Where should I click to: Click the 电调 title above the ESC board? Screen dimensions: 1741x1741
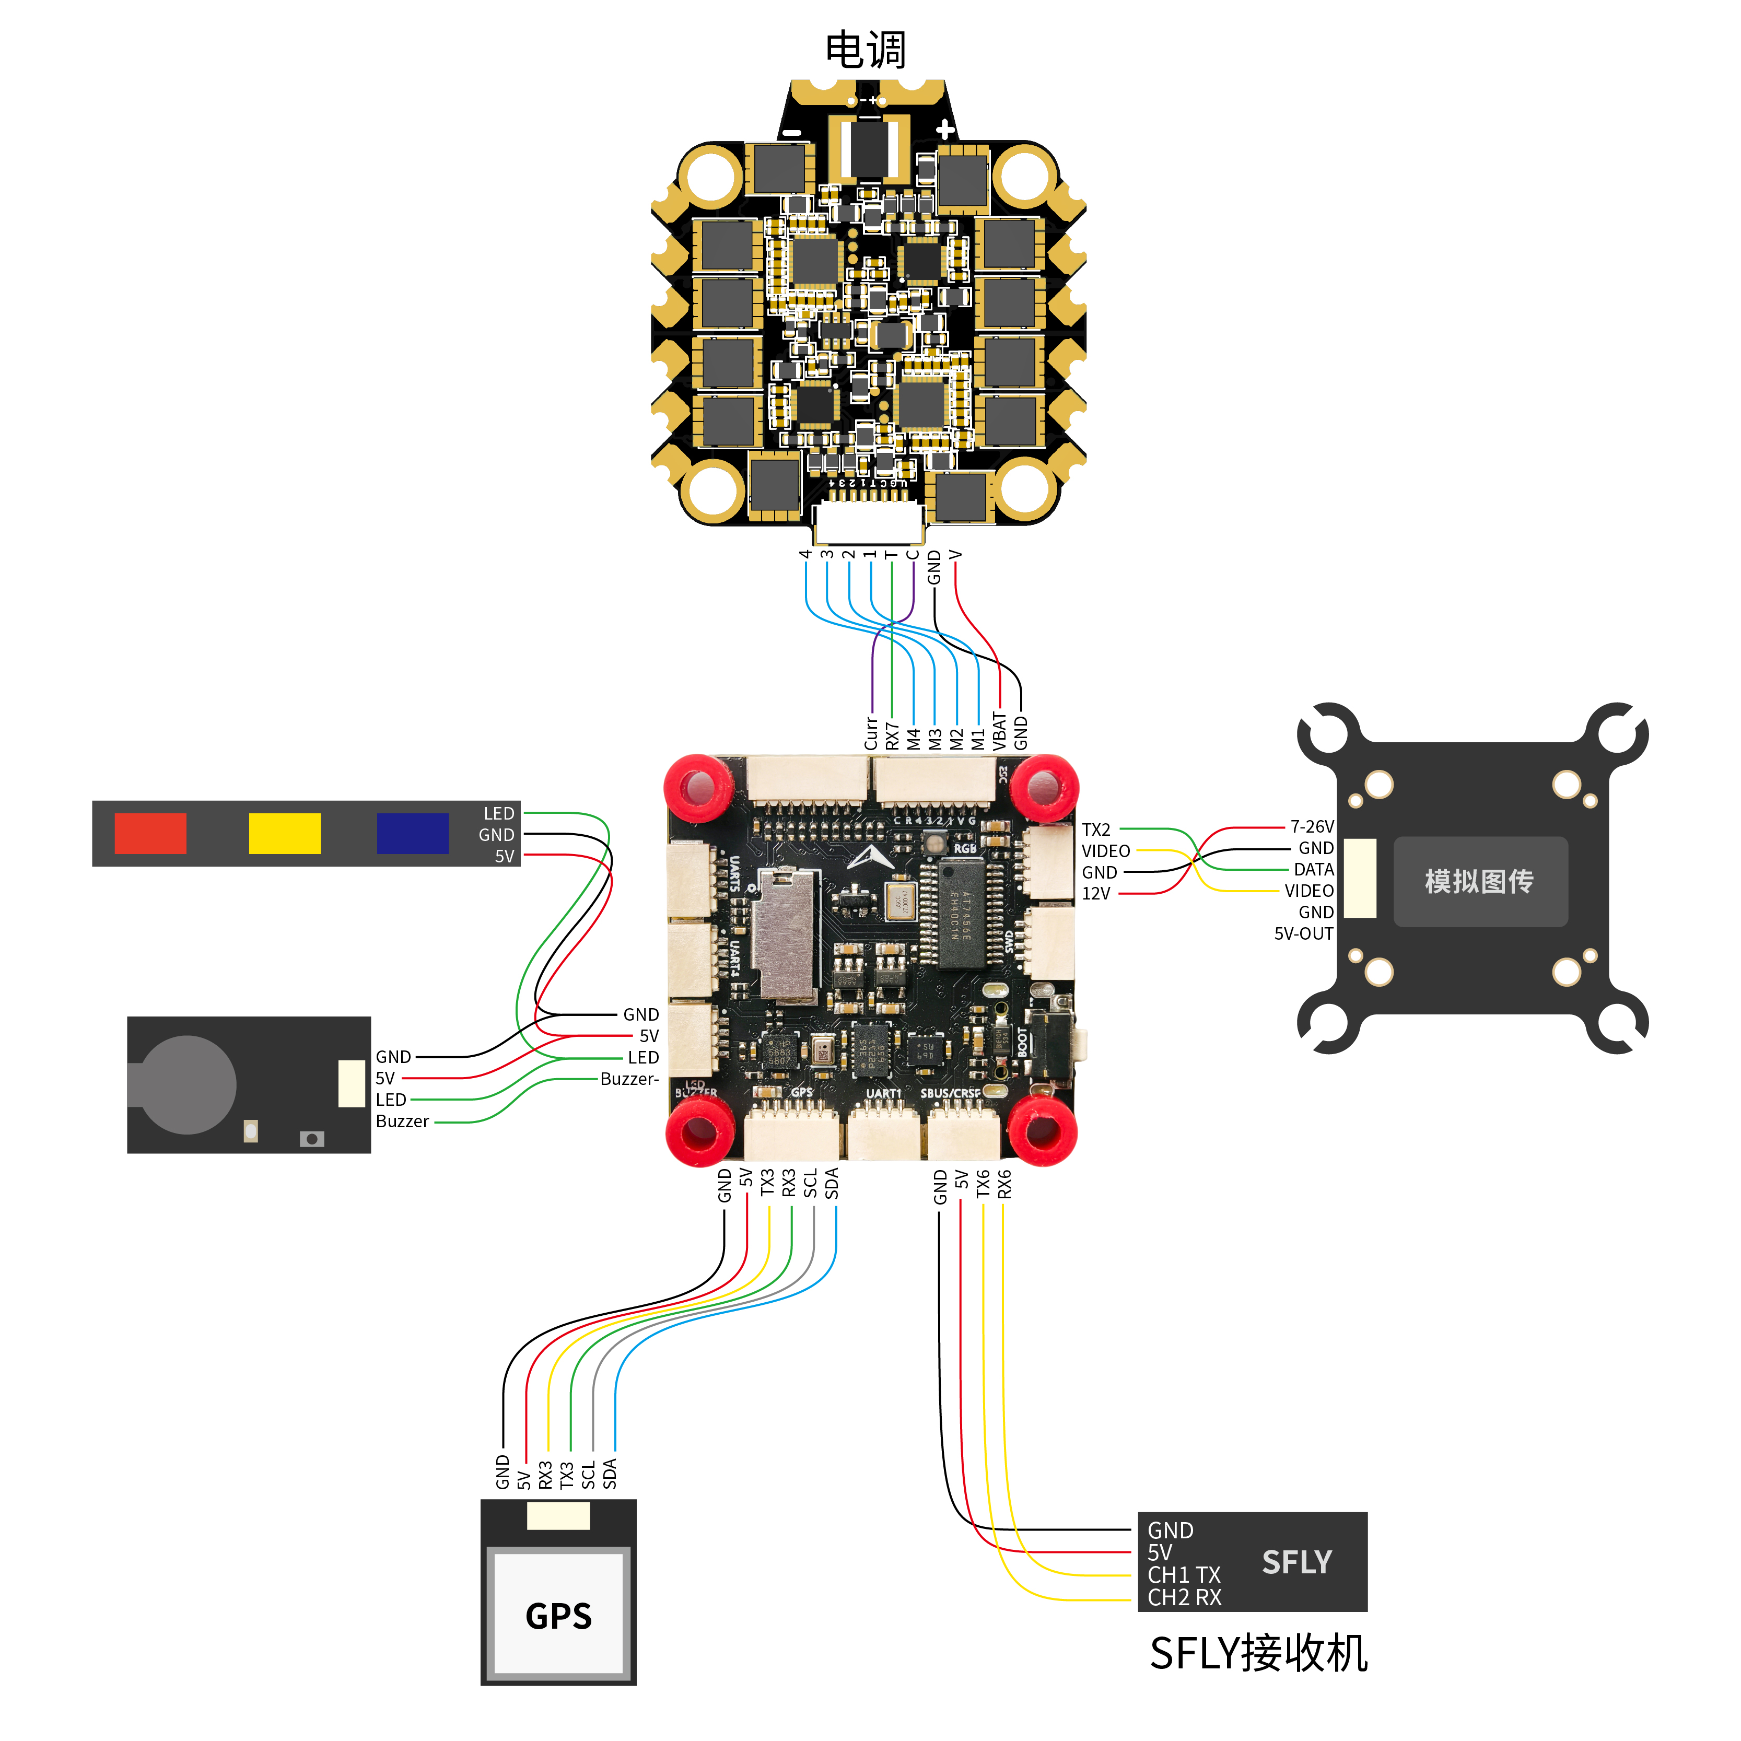point(865,50)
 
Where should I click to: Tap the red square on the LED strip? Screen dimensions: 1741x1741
point(150,834)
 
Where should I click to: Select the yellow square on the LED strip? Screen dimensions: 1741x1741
point(285,834)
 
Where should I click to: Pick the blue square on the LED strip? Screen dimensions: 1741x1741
point(413,834)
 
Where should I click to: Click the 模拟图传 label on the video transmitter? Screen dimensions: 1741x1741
point(1479,881)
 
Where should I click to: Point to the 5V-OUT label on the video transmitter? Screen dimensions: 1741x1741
point(1303,933)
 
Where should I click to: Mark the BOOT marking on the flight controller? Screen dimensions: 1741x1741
point(1023,1043)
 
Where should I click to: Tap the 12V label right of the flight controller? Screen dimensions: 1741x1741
point(1097,894)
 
